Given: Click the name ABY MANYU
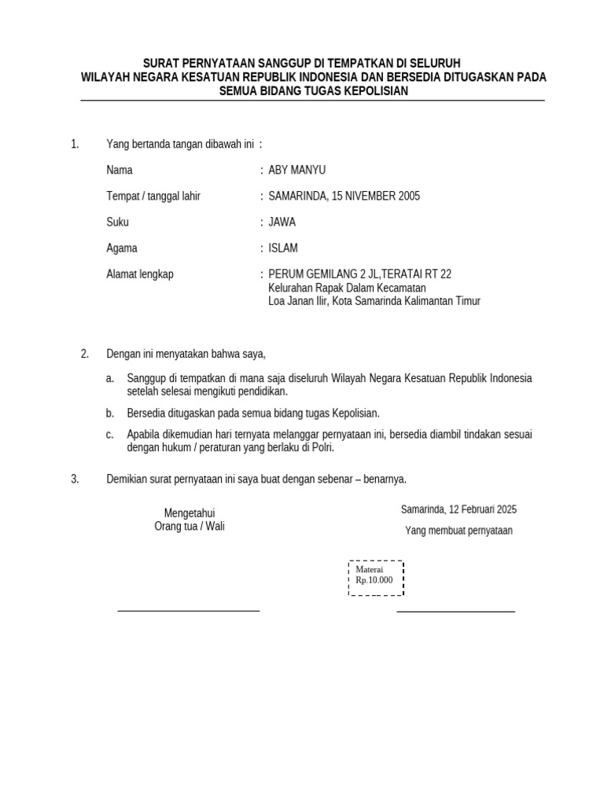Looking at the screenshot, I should (296, 170).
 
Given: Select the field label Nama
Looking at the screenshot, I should (120, 170).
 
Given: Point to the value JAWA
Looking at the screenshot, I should (282, 222).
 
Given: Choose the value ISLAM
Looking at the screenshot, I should (283, 248).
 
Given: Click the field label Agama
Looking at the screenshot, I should (122, 248).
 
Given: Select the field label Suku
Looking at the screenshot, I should (117, 222).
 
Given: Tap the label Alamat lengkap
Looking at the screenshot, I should (140, 274).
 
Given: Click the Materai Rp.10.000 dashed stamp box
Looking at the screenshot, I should (376, 578).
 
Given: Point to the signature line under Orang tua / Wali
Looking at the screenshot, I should (188, 610).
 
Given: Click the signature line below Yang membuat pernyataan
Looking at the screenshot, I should (455, 611).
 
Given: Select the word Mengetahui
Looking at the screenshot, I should (190, 513).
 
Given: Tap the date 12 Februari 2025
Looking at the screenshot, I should (481, 509).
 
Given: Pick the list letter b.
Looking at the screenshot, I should (110, 413).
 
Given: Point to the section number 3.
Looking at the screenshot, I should (75, 478).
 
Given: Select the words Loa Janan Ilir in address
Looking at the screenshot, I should (297, 300).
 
